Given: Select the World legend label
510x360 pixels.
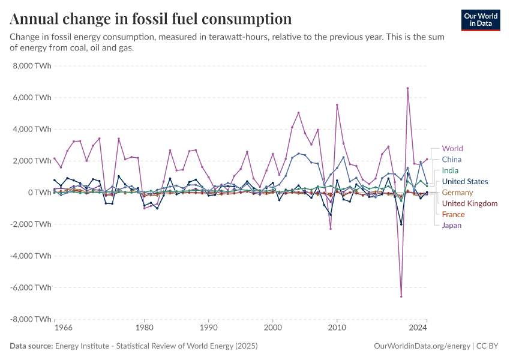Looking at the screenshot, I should (x=452, y=149).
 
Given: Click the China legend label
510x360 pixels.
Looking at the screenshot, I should (x=451, y=160).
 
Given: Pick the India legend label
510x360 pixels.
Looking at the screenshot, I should (x=450, y=170).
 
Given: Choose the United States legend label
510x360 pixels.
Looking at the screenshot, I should (x=464, y=181).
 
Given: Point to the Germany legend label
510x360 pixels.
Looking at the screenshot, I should (x=457, y=193).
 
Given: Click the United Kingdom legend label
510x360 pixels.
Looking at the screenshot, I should (x=469, y=203).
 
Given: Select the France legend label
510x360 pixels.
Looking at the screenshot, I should (x=452, y=214).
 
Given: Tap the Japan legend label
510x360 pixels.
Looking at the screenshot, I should (x=452, y=226).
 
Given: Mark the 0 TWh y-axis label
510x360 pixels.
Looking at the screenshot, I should (x=37, y=193).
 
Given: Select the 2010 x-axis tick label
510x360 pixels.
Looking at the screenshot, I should (x=337, y=329).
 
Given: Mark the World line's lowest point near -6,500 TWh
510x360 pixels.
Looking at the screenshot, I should (x=401, y=296).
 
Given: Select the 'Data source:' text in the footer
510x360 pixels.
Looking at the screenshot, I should (x=31, y=346).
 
